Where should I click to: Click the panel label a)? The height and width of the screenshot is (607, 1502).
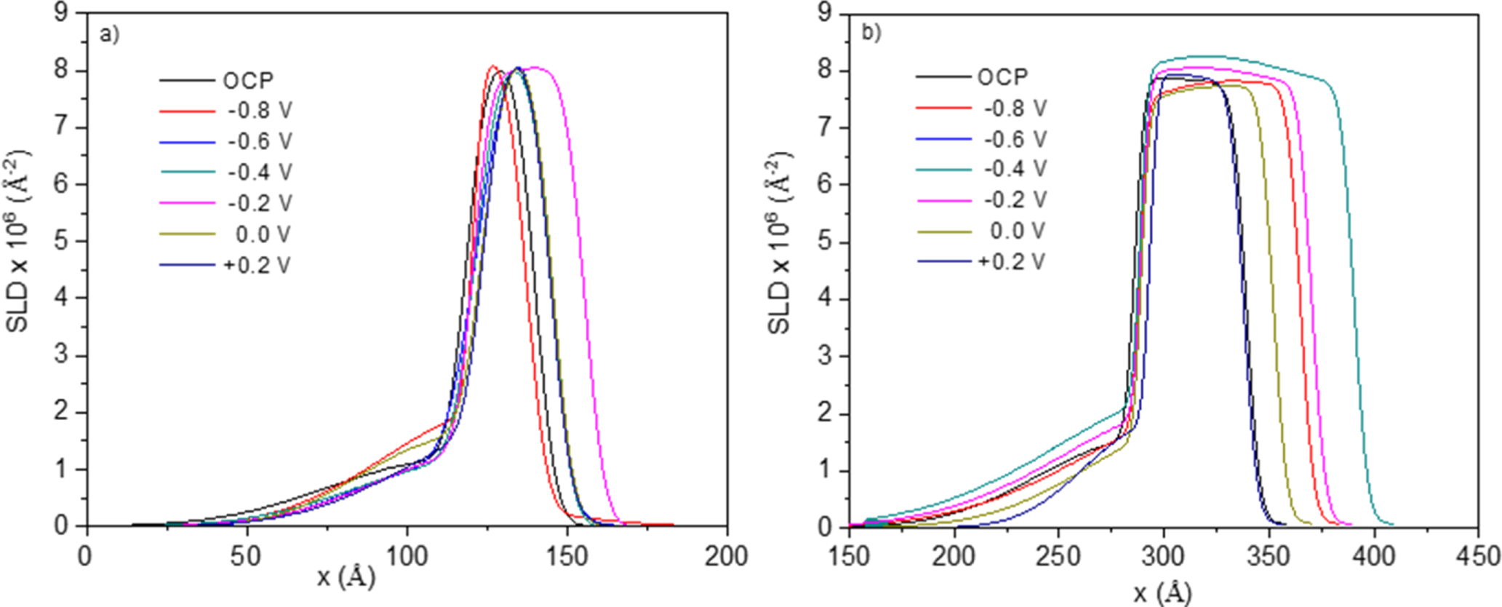pos(110,35)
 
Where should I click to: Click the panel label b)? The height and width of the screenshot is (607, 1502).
pos(871,33)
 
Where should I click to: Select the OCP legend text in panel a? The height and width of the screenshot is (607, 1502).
pos(248,80)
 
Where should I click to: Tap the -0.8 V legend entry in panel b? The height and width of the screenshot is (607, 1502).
pos(1015,108)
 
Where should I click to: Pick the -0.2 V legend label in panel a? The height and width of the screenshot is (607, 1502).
pos(260,203)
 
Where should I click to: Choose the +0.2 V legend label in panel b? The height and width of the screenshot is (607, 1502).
pos(1011,261)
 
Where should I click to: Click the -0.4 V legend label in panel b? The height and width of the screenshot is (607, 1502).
pos(1015,169)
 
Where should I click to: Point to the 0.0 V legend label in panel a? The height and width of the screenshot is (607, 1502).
pos(263,234)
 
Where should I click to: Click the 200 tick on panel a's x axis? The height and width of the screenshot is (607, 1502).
pos(726,557)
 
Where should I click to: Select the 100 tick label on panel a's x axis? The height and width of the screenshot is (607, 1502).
pos(406,557)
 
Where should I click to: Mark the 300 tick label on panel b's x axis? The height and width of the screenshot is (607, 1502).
pos(1164,557)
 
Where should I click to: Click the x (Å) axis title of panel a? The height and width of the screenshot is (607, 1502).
pos(346,579)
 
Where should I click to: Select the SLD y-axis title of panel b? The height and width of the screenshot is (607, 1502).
pos(779,242)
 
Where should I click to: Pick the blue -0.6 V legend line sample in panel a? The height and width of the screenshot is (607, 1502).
pos(187,143)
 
